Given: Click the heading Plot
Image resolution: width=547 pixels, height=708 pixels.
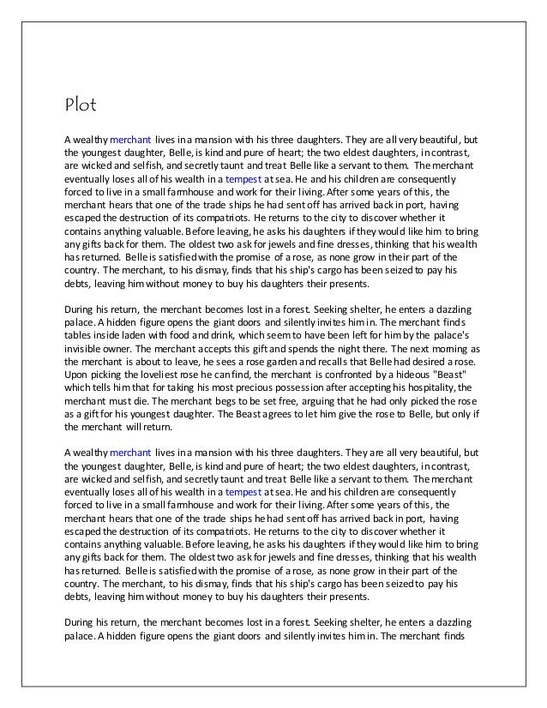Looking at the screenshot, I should click(82, 106).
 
